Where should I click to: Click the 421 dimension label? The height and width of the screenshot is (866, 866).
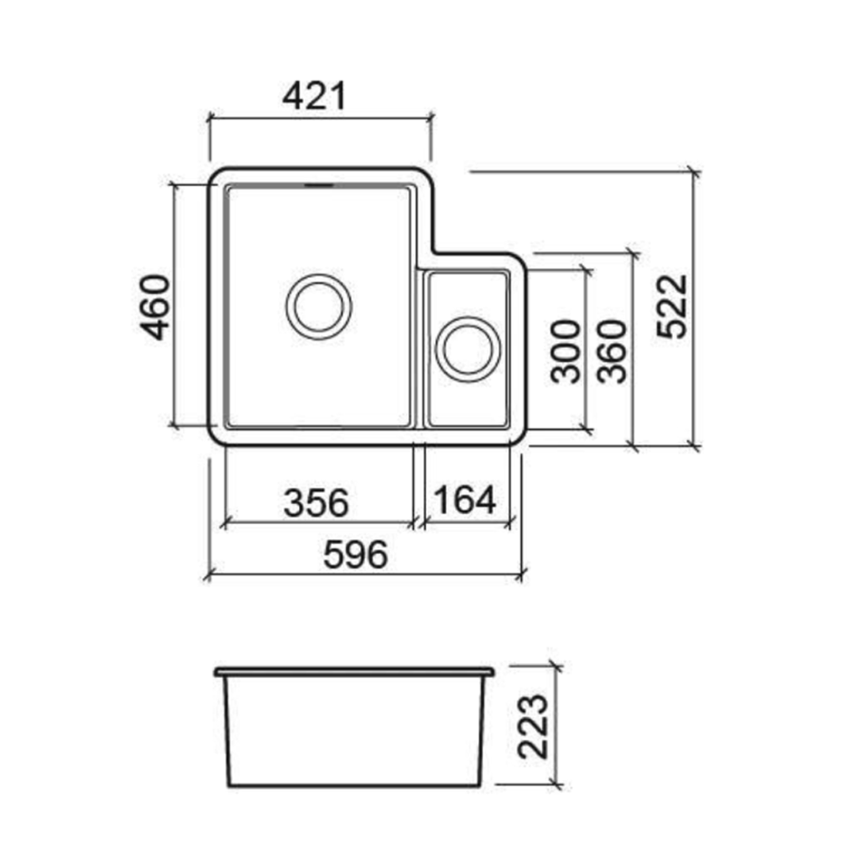[314, 96]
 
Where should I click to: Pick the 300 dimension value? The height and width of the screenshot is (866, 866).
[565, 351]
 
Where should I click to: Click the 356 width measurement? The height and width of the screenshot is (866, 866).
[316, 501]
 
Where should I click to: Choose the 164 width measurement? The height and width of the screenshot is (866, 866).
[465, 500]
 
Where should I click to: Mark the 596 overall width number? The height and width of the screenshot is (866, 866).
[354, 555]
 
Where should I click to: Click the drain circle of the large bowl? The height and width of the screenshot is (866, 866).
[319, 306]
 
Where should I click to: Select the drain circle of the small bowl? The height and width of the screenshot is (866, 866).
[468, 349]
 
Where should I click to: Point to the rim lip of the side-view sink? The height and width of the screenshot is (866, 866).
[354, 671]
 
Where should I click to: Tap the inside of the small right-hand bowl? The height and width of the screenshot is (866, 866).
[468, 398]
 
